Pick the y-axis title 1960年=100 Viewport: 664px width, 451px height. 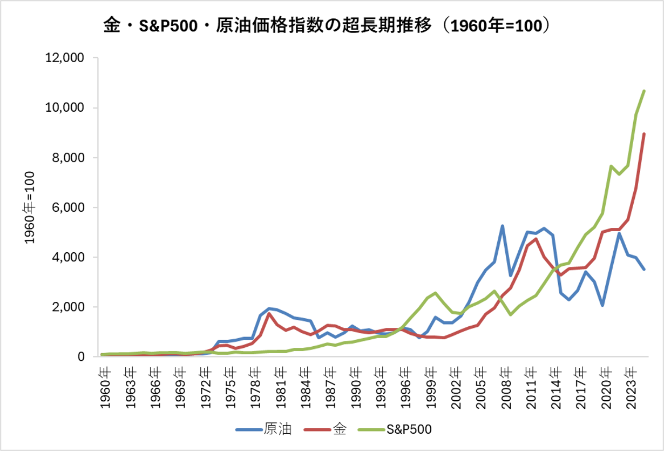30,207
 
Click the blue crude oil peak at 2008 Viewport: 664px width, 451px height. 503,226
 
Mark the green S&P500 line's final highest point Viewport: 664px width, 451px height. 644,91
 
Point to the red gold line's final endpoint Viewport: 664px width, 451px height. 644,134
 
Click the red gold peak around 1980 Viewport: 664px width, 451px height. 269,313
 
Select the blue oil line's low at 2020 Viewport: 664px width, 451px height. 602,305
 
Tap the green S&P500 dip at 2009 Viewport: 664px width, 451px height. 511,314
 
